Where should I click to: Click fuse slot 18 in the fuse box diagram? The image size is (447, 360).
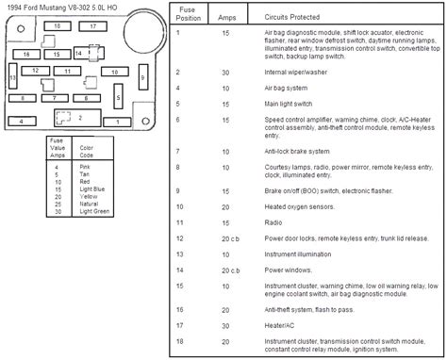pyautogui.click(x=59, y=27)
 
